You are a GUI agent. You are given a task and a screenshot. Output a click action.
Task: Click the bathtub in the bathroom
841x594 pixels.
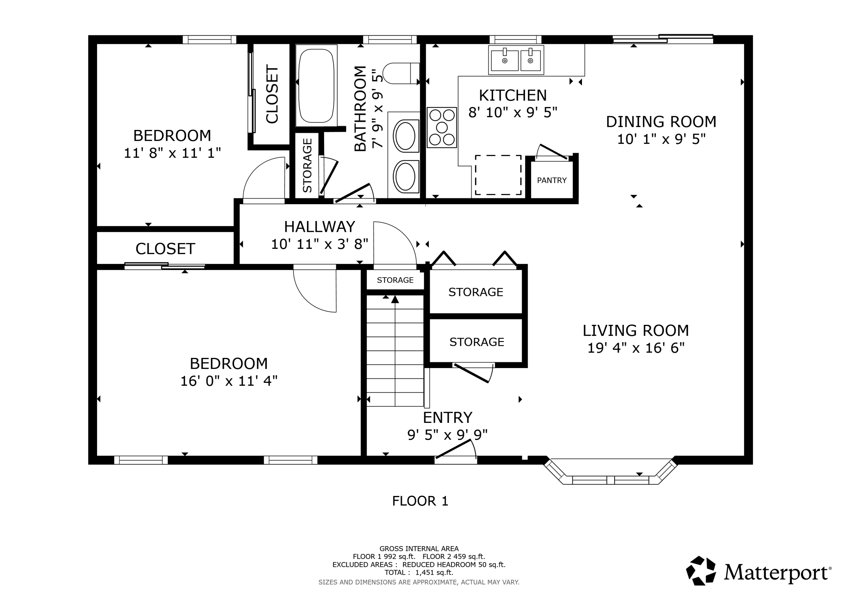316,86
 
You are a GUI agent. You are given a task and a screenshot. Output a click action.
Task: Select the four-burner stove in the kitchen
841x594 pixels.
442,127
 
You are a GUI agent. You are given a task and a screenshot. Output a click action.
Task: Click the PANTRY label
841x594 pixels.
552,180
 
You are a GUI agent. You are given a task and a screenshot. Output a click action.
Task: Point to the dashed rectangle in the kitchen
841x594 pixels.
498,175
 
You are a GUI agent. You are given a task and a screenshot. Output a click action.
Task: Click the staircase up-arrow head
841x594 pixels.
395,299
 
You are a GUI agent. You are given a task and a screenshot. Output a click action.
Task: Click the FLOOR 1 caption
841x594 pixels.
420,501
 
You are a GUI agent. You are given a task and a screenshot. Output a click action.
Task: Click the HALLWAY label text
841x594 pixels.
319,227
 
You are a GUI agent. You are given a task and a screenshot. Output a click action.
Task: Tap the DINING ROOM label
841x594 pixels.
661,122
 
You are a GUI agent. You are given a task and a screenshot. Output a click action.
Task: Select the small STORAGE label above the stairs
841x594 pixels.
395,280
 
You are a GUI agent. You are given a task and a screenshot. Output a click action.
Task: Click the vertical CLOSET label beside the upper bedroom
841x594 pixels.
272,94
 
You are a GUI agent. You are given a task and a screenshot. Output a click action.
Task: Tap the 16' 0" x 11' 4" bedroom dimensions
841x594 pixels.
229,381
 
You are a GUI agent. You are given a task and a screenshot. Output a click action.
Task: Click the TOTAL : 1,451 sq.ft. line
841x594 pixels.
419,572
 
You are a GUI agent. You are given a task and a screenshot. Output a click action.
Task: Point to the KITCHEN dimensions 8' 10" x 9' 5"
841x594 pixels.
513,112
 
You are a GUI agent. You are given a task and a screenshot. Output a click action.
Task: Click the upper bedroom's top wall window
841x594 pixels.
209,39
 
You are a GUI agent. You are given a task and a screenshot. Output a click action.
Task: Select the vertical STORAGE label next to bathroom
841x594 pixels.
307,166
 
